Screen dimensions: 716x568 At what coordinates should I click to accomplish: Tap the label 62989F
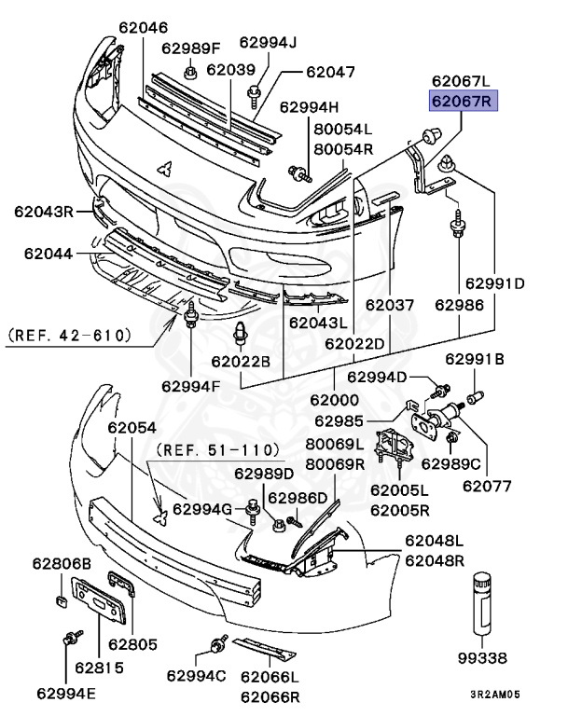click(190, 48)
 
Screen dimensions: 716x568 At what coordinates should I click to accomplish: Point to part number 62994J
click(268, 42)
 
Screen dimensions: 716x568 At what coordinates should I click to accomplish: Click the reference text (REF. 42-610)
click(69, 333)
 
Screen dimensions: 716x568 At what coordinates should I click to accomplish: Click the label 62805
click(133, 643)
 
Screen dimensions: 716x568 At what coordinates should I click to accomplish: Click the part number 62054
click(132, 427)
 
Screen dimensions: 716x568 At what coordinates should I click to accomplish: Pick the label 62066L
click(270, 677)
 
